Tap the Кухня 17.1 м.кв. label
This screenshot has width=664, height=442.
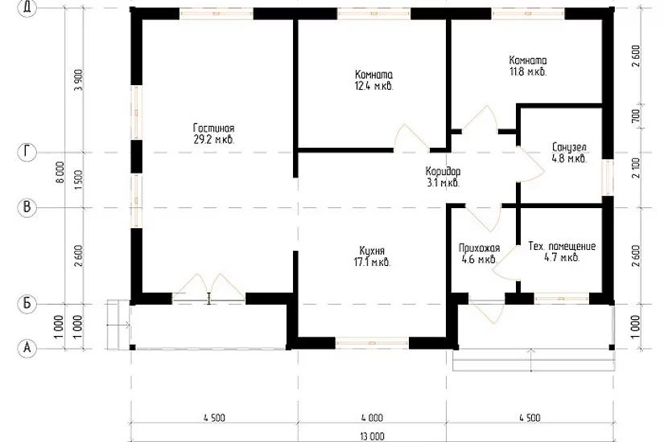coord(372,256)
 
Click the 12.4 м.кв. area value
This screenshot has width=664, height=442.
coord(374,87)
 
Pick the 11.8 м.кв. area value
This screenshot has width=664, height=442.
coord(528,72)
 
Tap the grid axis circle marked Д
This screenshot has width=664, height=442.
coord(27,9)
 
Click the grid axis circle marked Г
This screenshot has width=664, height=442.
coord(27,152)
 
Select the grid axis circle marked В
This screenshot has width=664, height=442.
coord(27,207)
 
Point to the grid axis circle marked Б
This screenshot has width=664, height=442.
coord(27,304)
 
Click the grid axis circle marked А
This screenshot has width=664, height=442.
coord(27,348)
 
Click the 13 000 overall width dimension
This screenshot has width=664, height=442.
coord(372,436)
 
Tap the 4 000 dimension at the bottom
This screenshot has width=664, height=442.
coord(372,418)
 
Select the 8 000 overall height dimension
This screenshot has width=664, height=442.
coord(60,172)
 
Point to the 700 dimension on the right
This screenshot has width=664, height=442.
coord(635,117)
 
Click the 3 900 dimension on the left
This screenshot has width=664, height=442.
coord(79,80)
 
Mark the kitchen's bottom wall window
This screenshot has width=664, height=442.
coord(372,342)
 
